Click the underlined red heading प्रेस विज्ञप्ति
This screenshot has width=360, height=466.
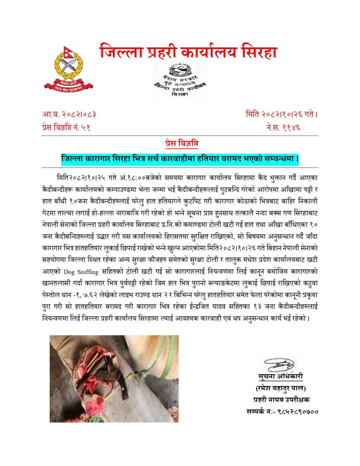coord(180,143)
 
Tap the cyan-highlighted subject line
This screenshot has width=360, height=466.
coord(180,159)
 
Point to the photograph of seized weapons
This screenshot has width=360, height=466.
coord(114,379)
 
